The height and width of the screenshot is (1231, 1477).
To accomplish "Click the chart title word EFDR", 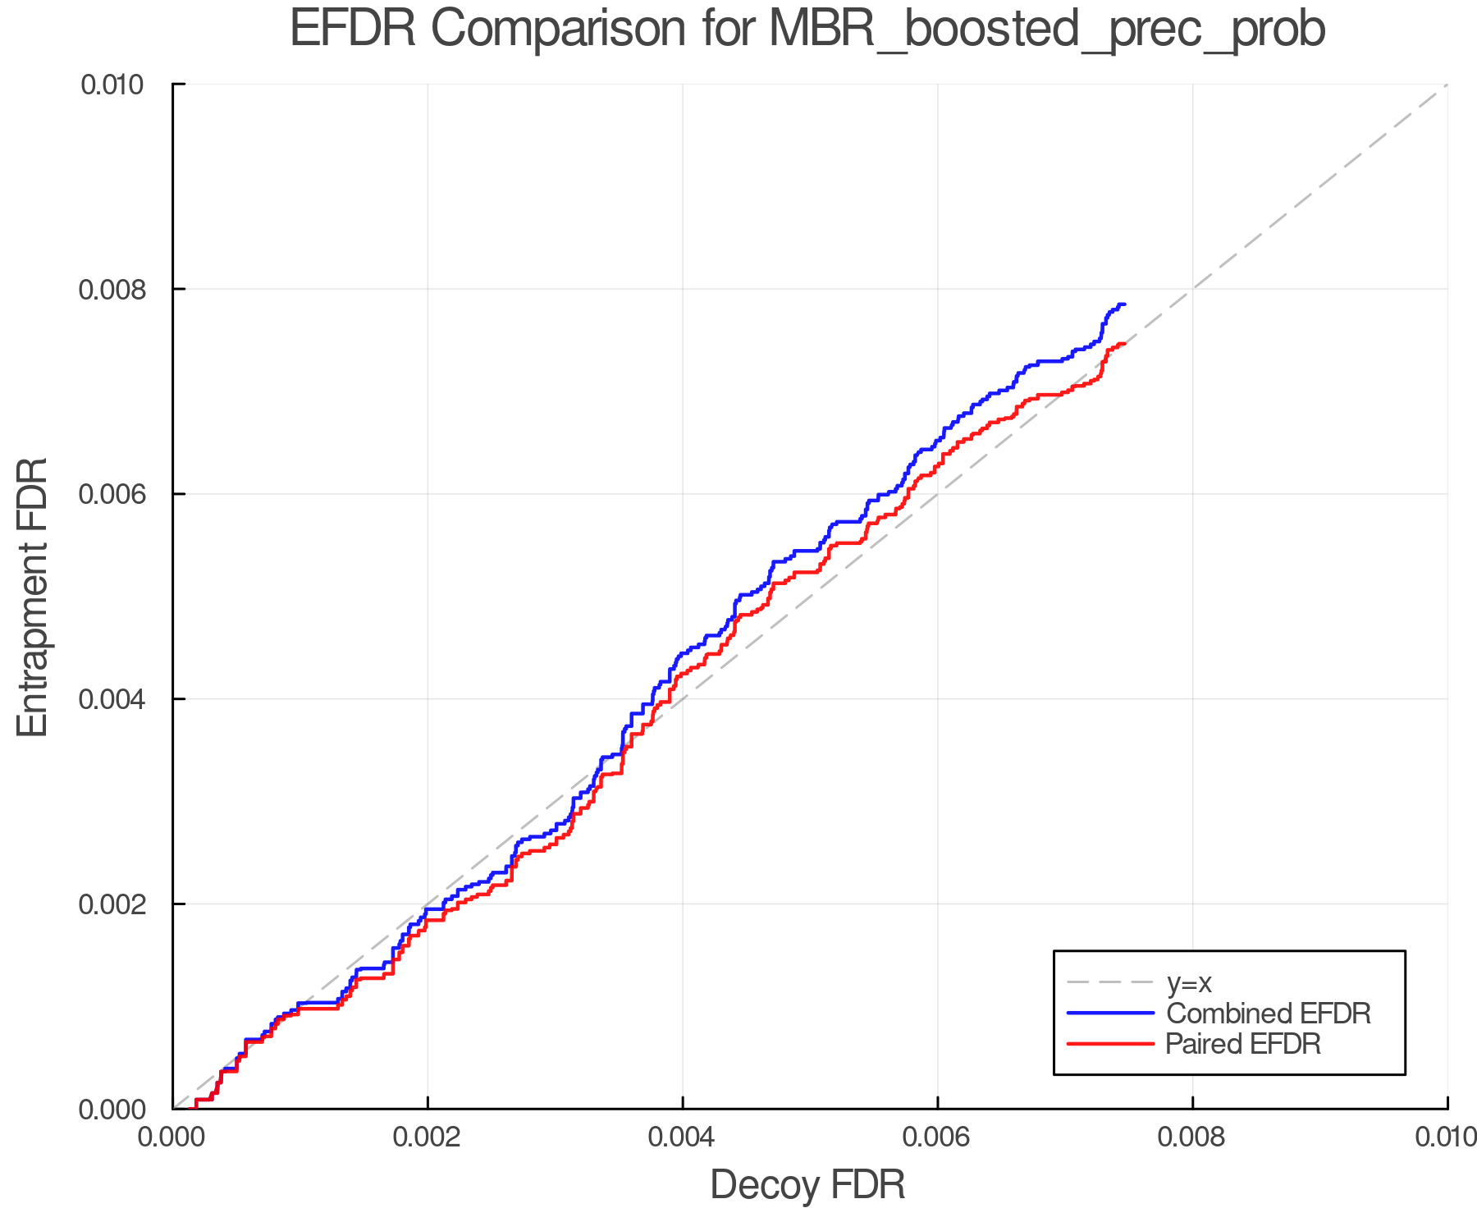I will [353, 30].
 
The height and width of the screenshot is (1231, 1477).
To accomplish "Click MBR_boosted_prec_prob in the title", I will [1047, 31].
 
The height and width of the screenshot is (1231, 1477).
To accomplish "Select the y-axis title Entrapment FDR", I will [33, 597].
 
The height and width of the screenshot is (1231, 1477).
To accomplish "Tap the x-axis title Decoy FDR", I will [807, 1185].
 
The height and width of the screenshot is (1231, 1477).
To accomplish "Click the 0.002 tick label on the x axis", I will [428, 1137].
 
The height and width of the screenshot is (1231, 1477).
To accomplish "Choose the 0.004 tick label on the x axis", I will [683, 1137].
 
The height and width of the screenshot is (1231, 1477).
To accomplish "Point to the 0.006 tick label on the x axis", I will [938, 1137].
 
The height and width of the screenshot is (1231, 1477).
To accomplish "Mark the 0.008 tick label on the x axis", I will [1192, 1137].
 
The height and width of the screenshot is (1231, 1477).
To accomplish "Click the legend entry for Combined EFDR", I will [1268, 1014].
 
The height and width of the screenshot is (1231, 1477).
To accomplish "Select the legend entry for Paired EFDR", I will [1242, 1044].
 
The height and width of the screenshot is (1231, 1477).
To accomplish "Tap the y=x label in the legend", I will [1189, 982].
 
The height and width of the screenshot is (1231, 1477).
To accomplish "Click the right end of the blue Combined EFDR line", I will [1124, 304].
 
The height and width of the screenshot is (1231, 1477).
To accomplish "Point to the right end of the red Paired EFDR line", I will [1124, 344].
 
